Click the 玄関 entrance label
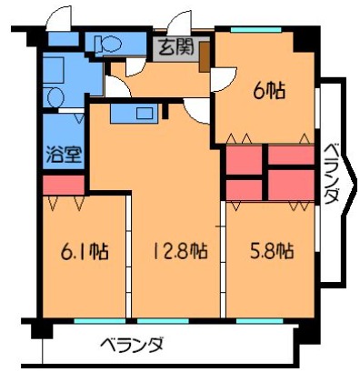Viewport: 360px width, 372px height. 174,47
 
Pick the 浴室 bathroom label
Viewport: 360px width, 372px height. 63,152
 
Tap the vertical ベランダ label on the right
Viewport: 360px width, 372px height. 332,173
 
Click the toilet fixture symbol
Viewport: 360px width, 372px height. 106,42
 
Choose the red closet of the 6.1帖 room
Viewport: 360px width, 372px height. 63,186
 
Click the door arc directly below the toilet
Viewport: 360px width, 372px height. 115,86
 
